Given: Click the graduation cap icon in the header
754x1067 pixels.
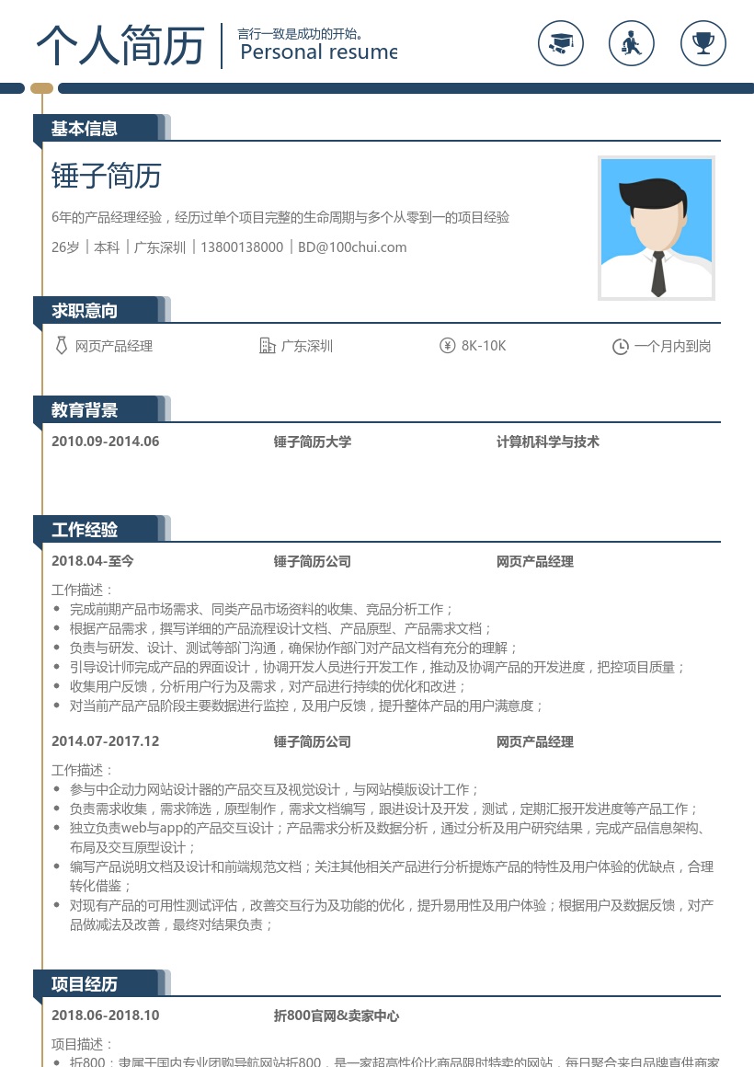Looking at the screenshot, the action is [561, 42].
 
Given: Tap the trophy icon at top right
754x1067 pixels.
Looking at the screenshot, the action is [703, 42].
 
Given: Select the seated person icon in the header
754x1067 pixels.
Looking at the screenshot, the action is [632, 42].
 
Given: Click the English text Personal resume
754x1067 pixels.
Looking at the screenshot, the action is [318, 52].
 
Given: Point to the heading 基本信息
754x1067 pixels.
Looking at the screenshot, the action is [85, 129].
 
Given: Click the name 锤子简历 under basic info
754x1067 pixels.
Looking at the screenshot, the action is [107, 176].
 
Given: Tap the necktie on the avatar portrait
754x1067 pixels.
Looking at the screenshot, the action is [658, 273].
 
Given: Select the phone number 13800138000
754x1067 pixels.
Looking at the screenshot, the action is [242, 247].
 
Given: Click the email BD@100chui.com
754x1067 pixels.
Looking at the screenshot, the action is [352, 247].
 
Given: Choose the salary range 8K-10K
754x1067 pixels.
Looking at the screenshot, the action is [484, 346].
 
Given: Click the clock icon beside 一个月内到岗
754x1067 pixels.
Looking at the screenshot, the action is [621, 347].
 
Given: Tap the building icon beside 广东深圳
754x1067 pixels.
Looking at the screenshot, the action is [268, 346].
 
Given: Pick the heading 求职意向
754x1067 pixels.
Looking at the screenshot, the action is [85, 311].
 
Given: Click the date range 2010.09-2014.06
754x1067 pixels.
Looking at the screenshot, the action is [106, 442].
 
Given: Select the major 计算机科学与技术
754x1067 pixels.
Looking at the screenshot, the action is [548, 442].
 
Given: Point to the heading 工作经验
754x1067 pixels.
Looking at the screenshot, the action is [85, 530].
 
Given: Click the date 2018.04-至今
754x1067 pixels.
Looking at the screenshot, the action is [93, 561].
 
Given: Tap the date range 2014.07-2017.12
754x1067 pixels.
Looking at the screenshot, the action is [106, 741].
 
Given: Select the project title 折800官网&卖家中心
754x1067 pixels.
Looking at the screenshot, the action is [337, 1015].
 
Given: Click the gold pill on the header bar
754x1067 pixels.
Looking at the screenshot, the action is [41, 88].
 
